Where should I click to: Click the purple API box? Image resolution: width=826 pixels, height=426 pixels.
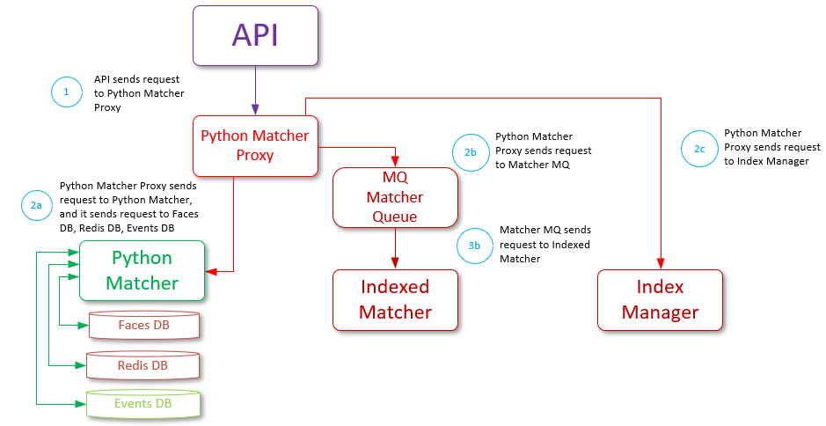(255, 34)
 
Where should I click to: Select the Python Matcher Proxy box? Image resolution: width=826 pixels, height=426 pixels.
(255, 145)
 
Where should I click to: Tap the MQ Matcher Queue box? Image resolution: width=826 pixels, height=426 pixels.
(395, 197)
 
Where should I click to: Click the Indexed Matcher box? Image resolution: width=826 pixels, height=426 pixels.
(395, 299)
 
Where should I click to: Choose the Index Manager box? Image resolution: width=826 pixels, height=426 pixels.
(660, 299)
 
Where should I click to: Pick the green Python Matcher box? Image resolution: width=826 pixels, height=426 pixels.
(142, 270)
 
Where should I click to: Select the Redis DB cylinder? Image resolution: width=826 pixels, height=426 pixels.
(143, 365)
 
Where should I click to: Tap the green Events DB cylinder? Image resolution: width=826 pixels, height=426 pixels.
(143, 404)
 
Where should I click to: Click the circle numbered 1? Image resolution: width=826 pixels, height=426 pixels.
(65, 92)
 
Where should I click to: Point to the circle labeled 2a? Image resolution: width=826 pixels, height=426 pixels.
(36, 205)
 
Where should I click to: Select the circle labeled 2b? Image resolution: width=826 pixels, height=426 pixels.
(471, 151)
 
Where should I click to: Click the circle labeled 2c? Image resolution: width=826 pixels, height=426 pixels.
(699, 149)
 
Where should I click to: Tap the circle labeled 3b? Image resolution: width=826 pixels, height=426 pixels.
(475, 245)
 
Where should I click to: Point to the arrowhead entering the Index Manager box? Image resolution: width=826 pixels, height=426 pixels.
(660, 263)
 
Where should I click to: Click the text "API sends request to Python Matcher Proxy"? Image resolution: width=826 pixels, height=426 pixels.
(138, 92)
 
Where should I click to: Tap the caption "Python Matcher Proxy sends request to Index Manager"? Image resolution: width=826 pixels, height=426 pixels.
(771, 147)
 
